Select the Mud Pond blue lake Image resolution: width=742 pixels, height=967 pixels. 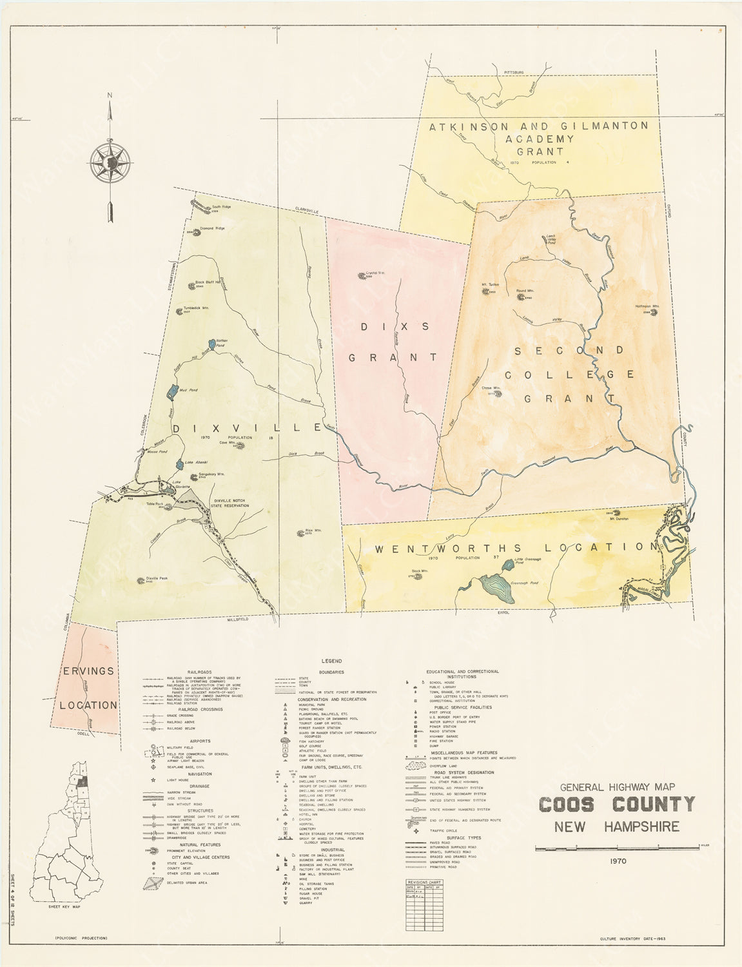click(x=172, y=391)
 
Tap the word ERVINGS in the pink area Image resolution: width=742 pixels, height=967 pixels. click(x=88, y=671)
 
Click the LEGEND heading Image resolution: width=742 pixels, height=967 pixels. click(x=333, y=661)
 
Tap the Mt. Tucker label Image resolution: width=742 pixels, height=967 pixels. click(x=491, y=284)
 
